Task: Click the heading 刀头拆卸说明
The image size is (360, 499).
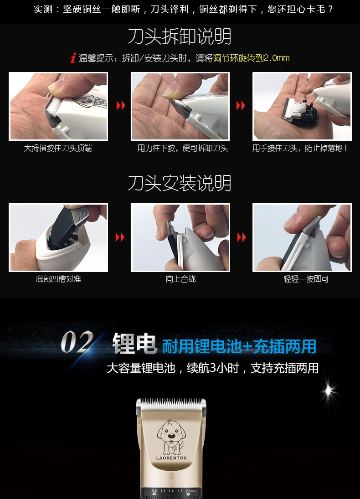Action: (x=180, y=36)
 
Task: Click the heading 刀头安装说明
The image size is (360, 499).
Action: (x=180, y=183)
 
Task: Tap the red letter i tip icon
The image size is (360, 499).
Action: (x=73, y=58)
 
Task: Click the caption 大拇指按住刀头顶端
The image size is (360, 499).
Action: (x=58, y=149)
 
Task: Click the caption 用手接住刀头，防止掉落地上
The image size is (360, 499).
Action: (x=301, y=149)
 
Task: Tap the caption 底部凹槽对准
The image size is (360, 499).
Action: (x=58, y=279)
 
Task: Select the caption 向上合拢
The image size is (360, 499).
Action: (x=180, y=279)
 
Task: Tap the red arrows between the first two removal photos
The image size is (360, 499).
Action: (x=120, y=106)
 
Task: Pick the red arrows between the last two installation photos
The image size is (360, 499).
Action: (x=241, y=237)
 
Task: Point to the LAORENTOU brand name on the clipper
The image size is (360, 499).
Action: (x=171, y=458)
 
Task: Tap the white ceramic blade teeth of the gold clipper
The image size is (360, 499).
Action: (x=171, y=403)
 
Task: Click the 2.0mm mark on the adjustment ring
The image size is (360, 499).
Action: (x=190, y=491)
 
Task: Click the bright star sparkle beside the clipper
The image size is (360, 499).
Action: (x=329, y=390)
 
